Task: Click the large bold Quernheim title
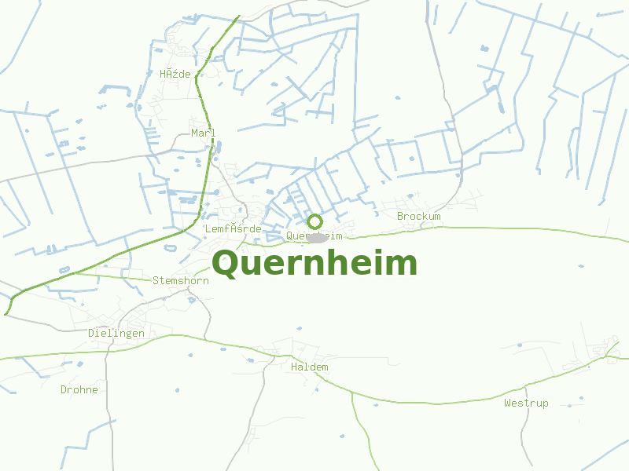coord(314,264)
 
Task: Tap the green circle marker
coord(314,221)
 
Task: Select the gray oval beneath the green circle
coord(316,237)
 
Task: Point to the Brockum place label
coord(418,216)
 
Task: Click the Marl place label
coord(203,133)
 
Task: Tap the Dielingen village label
coord(116,333)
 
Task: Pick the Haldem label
coord(309,367)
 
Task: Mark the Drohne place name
coord(79,389)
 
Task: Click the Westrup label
coord(526,403)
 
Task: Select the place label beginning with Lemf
coord(233,228)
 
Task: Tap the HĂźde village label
coord(175,74)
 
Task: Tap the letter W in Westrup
coord(508,403)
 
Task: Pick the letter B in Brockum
coord(400,216)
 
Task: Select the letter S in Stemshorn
coord(156,279)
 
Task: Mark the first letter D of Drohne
coord(64,389)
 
